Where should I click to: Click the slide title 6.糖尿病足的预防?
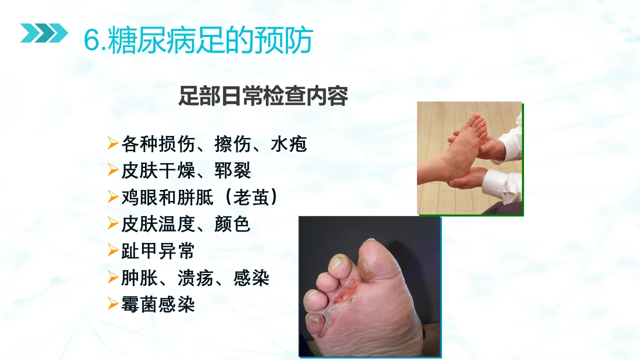click(198, 39)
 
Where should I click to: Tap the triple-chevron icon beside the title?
click(43, 33)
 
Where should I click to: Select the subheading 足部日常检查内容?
click(263, 96)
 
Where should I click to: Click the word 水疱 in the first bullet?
click(288, 144)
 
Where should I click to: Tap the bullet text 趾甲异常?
click(157, 250)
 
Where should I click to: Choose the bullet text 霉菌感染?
click(157, 304)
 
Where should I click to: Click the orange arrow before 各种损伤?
click(112, 144)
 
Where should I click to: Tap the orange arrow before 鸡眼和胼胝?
click(112, 197)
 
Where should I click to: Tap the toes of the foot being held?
click(477, 122)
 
